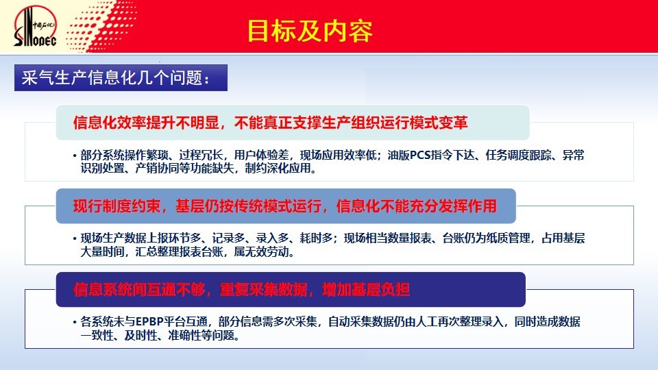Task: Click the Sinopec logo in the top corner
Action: click(35, 26)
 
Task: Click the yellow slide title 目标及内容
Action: click(310, 31)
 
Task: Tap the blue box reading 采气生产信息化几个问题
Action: click(121, 77)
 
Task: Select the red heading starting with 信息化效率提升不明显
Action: click(270, 123)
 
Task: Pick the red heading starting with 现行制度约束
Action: click(285, 206)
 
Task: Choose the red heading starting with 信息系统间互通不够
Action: click(241, 289)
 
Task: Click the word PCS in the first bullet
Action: click(420, 156)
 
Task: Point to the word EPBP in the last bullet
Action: click(149, 322)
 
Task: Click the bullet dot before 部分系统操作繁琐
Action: click(75, 156)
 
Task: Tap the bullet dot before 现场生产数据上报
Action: click(75, 239)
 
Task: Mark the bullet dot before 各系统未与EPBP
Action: click(75, 323)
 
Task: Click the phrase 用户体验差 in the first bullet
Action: click(261, 156)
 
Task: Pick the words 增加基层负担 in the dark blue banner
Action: click(366, 289)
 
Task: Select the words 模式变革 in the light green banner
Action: click(439, 123)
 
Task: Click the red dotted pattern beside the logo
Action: click(102, 26)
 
